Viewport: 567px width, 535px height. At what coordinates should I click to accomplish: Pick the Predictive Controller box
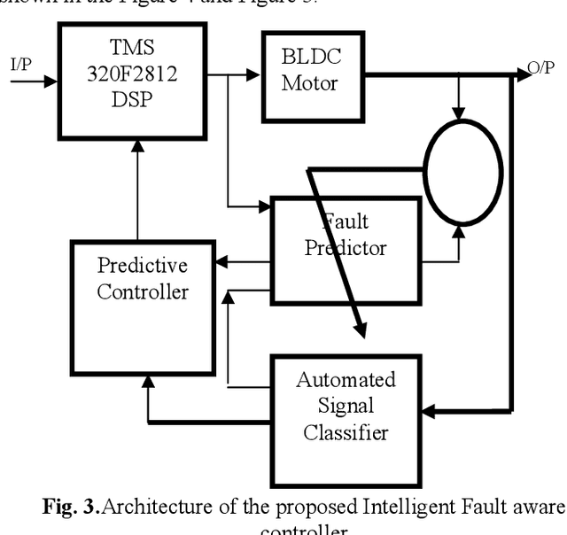(143, 279)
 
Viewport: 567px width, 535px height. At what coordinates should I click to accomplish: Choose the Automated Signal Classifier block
(345, 407)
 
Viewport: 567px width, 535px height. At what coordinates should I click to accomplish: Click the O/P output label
(540, 69)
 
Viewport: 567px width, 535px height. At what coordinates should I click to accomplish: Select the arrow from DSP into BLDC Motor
(244, 75)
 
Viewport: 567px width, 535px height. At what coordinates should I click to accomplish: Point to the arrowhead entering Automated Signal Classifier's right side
(429, 410)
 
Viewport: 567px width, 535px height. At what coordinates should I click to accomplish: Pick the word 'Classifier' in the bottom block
(345, 432)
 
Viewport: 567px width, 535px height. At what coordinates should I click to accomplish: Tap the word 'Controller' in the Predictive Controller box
(143, 291)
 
